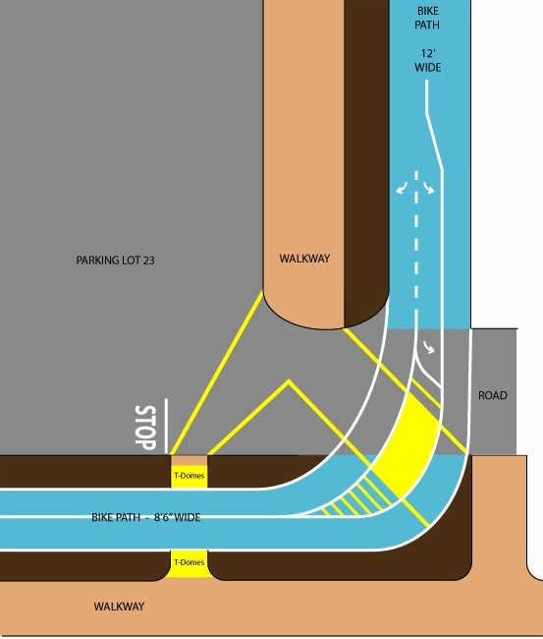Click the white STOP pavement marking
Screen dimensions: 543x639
(145, 428)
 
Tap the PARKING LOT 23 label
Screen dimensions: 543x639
(115, 261)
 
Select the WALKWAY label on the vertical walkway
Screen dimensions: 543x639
(304, 259)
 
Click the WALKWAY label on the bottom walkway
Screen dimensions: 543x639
(119, 607)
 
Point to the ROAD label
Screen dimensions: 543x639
(493, 395)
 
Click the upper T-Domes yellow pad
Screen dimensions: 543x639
(189, 476)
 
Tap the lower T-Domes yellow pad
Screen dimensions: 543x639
(189, 563)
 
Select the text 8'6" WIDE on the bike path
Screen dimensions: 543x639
(177, 517)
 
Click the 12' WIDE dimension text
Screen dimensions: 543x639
(428, 60)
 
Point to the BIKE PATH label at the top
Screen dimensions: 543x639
(427, 18)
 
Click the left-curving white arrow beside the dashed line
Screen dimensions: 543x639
(402, 189)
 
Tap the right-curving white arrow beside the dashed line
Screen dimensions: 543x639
(429, 188)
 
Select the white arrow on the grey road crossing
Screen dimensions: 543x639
(429, 347)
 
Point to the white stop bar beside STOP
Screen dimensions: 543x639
(166, 426)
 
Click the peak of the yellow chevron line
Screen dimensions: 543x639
(289, 381)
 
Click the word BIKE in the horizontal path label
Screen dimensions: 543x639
(101, 517)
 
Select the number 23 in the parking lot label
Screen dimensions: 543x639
(149, 261)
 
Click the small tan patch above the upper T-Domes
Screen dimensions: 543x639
(189, 460)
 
